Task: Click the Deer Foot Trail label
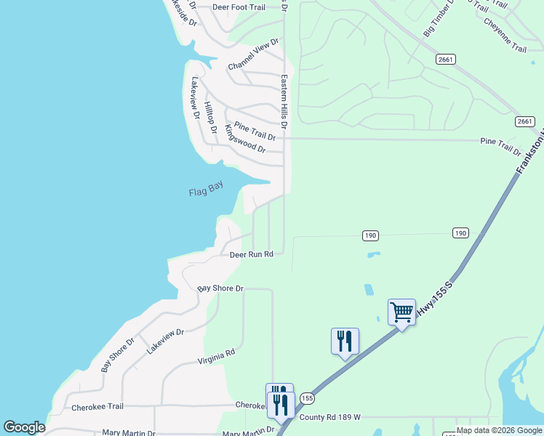click(239, 7)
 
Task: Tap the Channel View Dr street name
click(253, 55)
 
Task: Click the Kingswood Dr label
click(245, 138)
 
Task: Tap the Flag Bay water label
click(206, 190)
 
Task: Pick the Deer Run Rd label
click(251, 254)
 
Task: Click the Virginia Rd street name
click(217, 356)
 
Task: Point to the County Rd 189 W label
click(330, 417)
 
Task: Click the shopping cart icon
click(401, 312)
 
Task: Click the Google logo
click(24, 427)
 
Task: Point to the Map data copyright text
click(499, 430)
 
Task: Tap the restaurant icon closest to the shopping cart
click(345, 341)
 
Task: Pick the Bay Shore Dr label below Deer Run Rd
click(220, 288)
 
